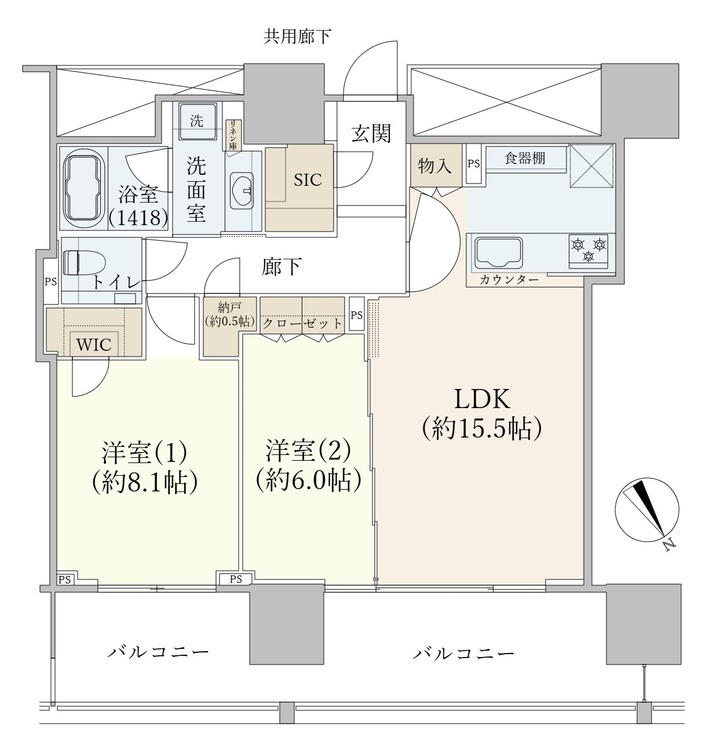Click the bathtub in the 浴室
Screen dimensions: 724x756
pos(84,188)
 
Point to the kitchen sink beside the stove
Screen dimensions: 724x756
pos(499,252)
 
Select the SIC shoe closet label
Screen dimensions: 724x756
pos(308,180)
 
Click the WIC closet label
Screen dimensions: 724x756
pos(94,344)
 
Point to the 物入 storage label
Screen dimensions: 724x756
pos(435,166)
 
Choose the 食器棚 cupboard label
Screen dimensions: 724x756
pos(525,158)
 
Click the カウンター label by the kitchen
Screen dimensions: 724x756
pos(509,280)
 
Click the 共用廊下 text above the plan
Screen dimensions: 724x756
pos(297,36)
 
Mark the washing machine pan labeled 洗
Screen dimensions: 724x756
pos(197,121)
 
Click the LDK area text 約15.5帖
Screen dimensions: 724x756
pos(482,429)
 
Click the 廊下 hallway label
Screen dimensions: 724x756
pos(281,267)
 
